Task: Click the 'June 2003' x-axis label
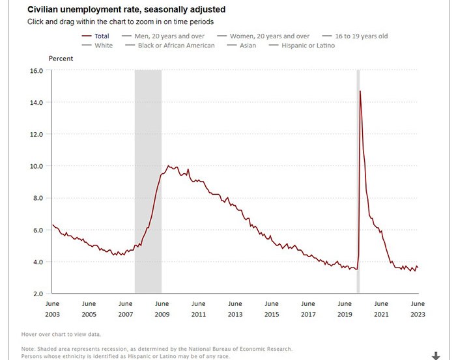pyautogui.click(x=53, y=309)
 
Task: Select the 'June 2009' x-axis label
pyautogui.click(x=162, y=309)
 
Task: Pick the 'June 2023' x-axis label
pyautogui.click(x=418, y=309)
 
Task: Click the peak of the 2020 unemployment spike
pyautogui.click(x=360, y=91)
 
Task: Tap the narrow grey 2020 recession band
pyautogui.click(x=358, y=195)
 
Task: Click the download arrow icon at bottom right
pyautogui.click(x=436, y=355)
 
